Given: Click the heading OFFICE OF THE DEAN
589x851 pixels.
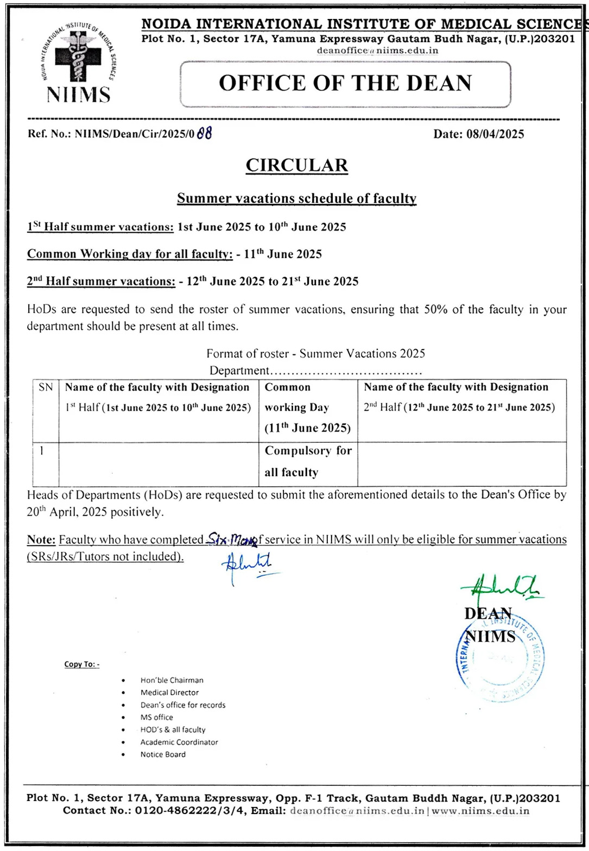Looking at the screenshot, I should [345, 83].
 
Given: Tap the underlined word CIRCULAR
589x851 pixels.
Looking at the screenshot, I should [296, 165].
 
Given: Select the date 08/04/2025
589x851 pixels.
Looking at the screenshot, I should [495, 134].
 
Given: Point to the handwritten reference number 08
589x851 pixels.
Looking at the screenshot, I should [205, 134].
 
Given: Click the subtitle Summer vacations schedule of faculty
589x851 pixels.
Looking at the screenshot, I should [296, 198].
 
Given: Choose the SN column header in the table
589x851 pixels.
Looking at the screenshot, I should [46, 387].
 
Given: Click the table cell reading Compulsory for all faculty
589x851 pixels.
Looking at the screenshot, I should [308, 461].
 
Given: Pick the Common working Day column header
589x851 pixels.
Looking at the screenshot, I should [307, 407].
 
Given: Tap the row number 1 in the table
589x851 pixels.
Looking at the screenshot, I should [42, 450].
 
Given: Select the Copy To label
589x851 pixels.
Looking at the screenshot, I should [81, 664].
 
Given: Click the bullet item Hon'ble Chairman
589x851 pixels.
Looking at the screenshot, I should [172, 680].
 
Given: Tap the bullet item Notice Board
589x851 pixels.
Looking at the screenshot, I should [163, 754].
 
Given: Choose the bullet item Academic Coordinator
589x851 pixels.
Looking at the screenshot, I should [179, 742].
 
